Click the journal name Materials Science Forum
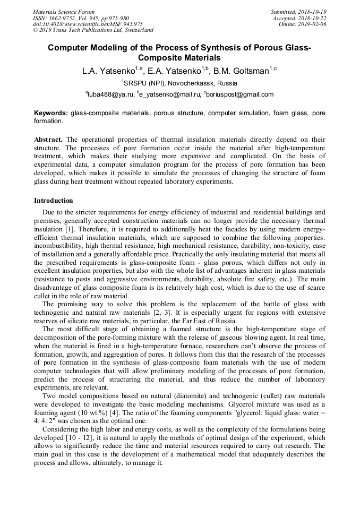pos(64,11)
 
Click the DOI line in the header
pos(88,24)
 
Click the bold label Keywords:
pos(51,113)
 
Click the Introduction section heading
pos(54,201)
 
